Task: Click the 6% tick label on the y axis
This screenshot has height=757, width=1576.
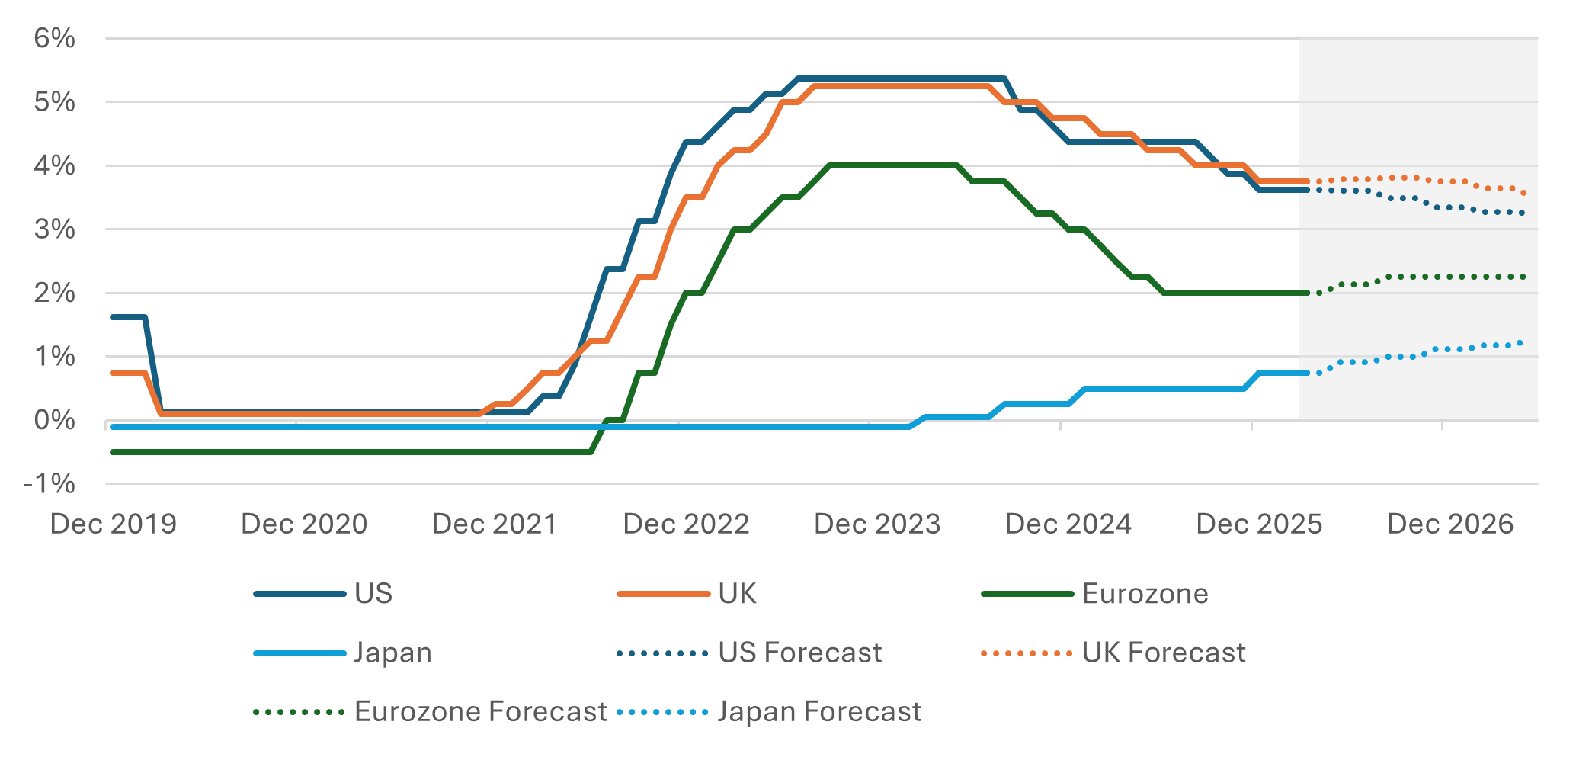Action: (54, 38)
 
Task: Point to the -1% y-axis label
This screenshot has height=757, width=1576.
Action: (50, 483)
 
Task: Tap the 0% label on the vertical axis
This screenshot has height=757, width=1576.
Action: (54, 420)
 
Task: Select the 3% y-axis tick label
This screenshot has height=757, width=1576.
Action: (54, 229)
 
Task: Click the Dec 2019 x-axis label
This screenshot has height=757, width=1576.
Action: (113, 524)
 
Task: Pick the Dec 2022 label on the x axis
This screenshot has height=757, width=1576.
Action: (686, 524)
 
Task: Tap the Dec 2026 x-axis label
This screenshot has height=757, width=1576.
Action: (1449, 524)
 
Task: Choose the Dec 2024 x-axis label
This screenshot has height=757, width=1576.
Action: (1068, 524)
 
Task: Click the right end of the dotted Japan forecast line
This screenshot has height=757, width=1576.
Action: (1521, 343)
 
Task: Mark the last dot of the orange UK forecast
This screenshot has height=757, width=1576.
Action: (1523, 193)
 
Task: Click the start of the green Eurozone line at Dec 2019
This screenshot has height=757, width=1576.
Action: (114, 452)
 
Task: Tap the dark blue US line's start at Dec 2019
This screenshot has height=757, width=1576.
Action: (114, 317)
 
